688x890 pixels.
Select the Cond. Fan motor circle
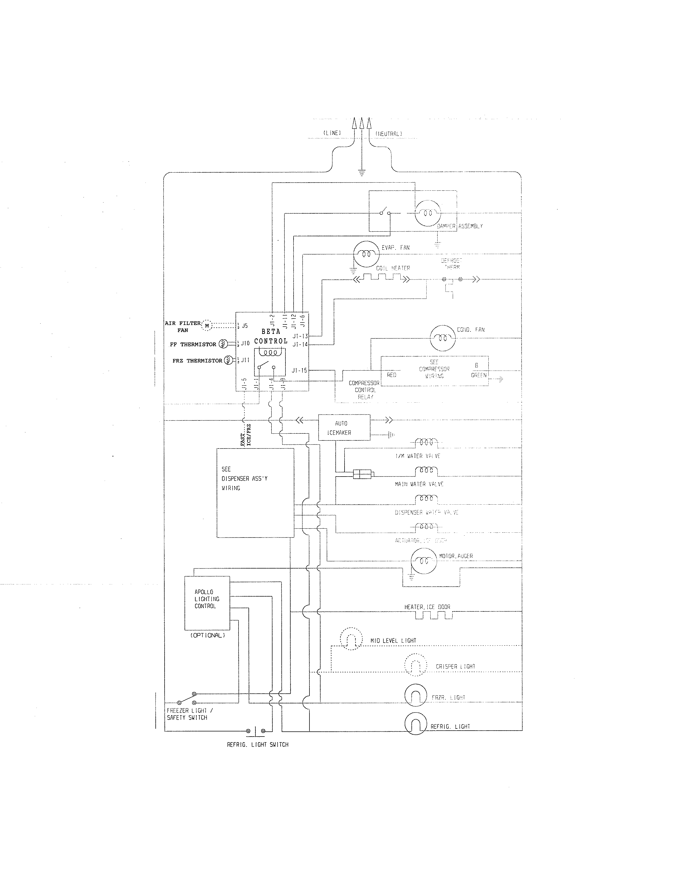click(442, 338)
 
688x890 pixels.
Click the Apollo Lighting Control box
click(207, 603)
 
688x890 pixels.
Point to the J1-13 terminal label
click(300, 336)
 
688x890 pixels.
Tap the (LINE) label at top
click(332, 133)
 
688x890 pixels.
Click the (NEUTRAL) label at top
click(389, 134)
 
